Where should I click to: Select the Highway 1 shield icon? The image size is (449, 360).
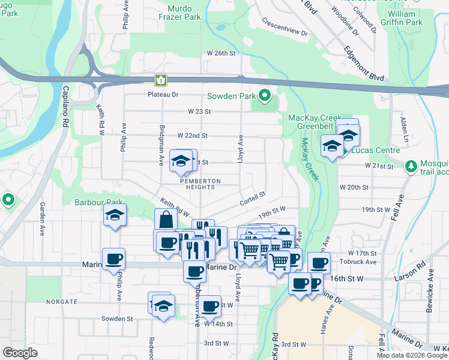click(x=160, y=80)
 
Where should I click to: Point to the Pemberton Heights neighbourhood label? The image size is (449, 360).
click(x=200, y=184)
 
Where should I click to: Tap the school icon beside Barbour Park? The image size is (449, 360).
click(x=115, y=215)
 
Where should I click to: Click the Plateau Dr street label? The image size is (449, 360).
click(x=163, y=95)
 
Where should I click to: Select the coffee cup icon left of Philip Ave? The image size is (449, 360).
click(x=113, y=259)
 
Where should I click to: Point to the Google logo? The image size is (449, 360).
click(x=20, y=353)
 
